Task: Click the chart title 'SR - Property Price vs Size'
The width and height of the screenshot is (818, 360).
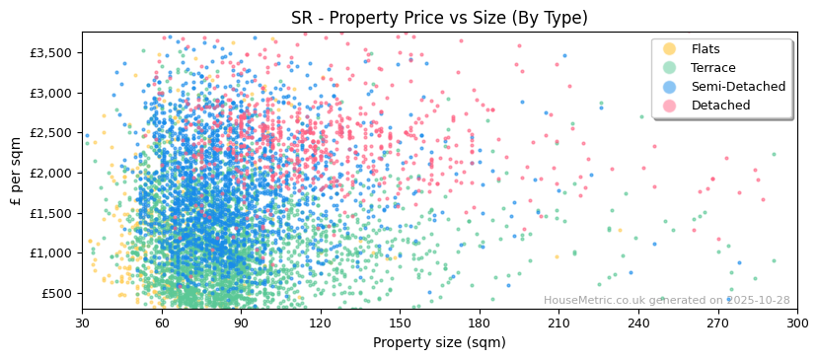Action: click(439, 18)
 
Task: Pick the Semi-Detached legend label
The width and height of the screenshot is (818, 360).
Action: click(738, 87)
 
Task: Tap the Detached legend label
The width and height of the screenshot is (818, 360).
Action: click(720, 106)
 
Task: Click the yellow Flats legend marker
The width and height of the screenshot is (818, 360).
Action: click(670, 49)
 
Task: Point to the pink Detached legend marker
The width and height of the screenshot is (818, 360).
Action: click(670, 106)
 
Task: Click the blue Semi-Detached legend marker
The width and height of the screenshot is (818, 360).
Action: click(670, 87)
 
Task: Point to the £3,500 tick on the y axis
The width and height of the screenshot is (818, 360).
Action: click(51, 52)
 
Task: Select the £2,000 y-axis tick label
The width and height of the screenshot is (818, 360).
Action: click(51, 173)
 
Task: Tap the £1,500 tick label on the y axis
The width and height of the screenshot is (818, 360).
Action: click(51, 213)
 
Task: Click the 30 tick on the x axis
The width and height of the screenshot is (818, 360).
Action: click(82, 324)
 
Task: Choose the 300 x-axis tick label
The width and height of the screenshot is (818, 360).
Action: click(797, 324)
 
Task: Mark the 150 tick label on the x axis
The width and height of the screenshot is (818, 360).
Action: click(400, 324)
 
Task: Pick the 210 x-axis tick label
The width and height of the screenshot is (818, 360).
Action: click(558, 324)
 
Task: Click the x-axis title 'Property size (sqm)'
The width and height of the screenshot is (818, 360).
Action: click(439, 343)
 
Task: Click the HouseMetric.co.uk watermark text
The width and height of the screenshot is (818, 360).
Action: click(666, 301)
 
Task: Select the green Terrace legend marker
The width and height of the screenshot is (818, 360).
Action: click(670, 68)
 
